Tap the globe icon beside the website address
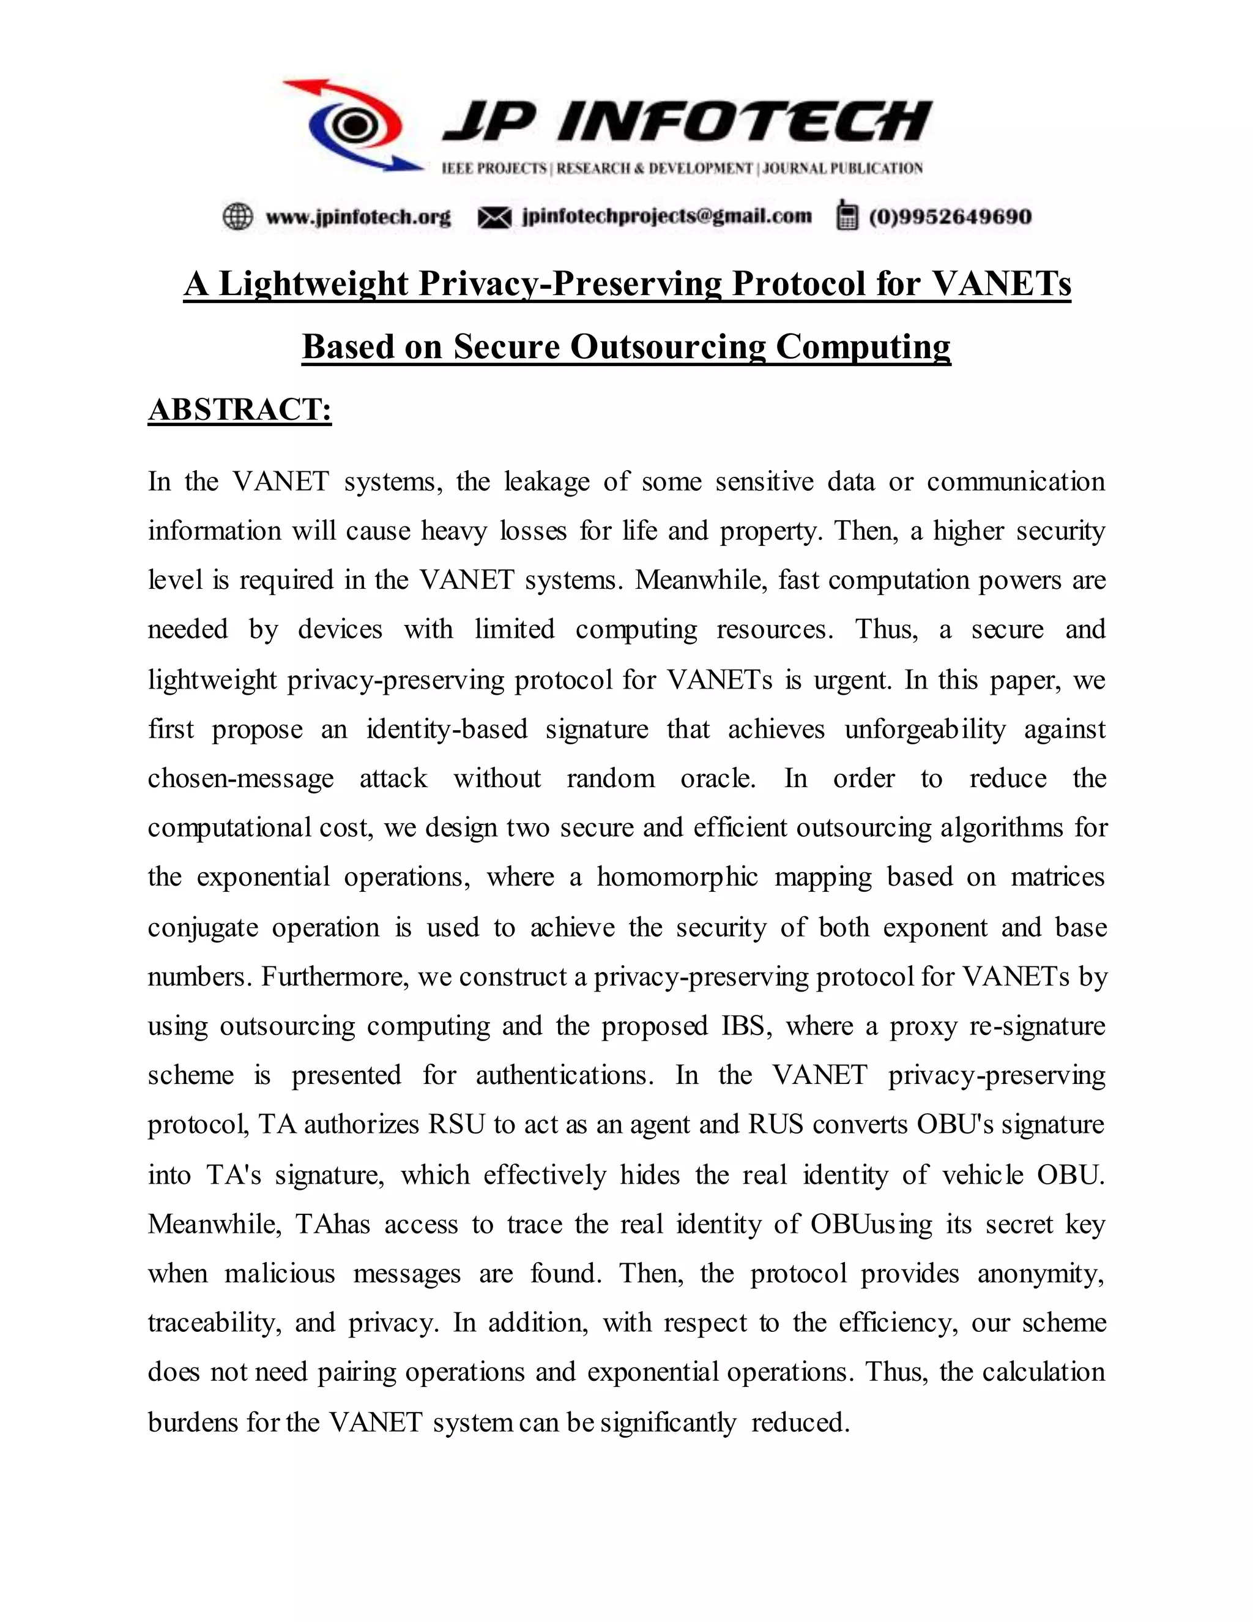coord(237,216)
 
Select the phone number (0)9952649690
coord(950,217)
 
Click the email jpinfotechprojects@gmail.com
coord(667,216)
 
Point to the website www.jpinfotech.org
coord(358,217)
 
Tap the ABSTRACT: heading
coord(240,409)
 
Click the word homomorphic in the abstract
coord(677,876)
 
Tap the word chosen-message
coord(240,779)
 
